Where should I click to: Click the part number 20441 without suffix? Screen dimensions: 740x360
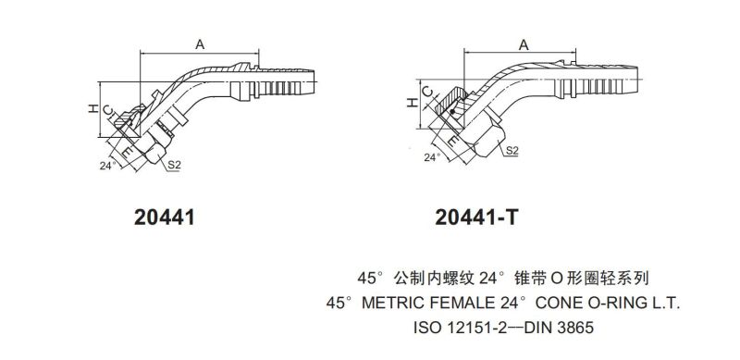point(165,217)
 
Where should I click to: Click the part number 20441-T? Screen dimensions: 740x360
point(476,217)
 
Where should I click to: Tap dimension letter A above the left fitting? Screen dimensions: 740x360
point(200,44)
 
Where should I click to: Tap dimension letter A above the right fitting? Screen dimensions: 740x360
point(524,44)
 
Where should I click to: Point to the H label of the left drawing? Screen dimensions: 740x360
point(92,108)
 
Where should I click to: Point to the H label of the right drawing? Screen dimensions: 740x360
point(413,102)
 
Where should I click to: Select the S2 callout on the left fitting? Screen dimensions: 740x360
point(175,166)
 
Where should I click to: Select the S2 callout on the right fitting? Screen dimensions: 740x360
point(512,151)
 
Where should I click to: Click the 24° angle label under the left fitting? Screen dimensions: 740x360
point(107,166)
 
